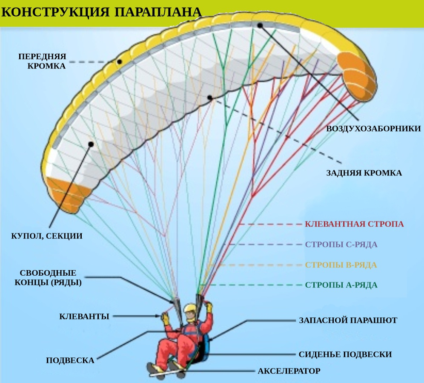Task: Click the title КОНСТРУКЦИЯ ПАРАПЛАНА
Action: coord(101,12)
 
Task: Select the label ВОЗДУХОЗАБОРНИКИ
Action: coord(373,128)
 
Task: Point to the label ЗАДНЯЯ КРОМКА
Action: coord(364,173)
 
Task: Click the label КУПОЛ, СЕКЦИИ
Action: coord(46,236)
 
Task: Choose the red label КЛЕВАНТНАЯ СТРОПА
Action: coord(354,224)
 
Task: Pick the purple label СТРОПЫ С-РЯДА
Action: coord(341,245)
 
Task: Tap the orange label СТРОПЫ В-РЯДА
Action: coord(341,265)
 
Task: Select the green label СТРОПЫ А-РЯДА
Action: coord(341,285)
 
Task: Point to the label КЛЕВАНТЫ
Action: coord(84,316)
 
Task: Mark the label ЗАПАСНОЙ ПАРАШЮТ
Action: coord(348,320)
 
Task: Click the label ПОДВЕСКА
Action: coord(70,360)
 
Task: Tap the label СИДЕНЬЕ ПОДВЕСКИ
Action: coord(345,354)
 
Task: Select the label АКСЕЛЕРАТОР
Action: coord(289,371)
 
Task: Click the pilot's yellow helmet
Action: coord(190,309)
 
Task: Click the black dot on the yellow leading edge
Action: coord(120,62)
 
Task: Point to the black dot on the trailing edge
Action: coord(209,98)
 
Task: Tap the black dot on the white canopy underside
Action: coord(91,144)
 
